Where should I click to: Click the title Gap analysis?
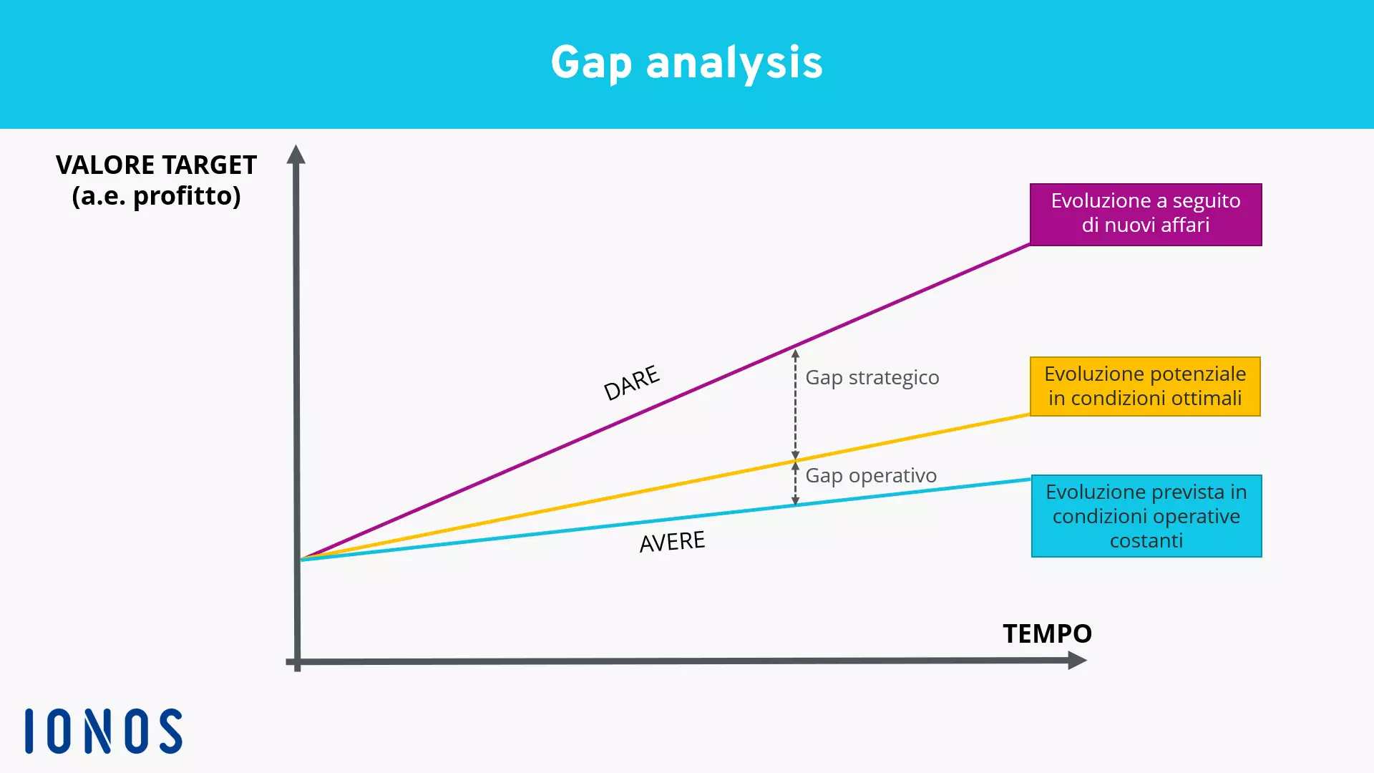(x=686, y=63)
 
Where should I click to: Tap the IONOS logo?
(x=104, y=731)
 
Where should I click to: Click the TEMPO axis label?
(x=1047, y=633)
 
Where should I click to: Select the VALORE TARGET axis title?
(x=156, y=165)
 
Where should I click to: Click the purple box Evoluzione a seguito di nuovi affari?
(x=1145, y=214)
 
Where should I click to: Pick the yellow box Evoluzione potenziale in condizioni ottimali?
(x=1144, y=386)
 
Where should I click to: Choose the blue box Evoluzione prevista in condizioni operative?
(x=1146, y=515)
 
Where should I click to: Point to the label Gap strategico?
(x=872, y=377)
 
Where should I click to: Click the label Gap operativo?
(x=870, y=475)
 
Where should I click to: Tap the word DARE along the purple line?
(x=631, y=383)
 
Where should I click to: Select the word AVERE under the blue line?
(x=672, y=542)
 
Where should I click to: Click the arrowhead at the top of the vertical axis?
(x=296, y=154)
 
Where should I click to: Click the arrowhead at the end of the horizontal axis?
(x=1076, y=661)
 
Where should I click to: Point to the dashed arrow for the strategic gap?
(x=795, y=404)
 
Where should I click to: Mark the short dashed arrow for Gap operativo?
(x=795, y=484)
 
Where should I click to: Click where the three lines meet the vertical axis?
(x=301, y=558)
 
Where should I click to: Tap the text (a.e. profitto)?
(x=156, y=196)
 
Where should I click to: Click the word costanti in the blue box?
(x=1146, y=541)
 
